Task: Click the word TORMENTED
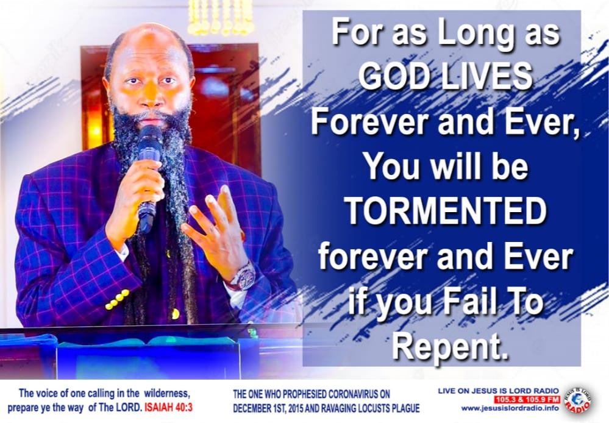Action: (446, 211)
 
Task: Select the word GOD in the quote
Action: (396, 76)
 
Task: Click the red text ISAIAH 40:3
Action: (168, 408)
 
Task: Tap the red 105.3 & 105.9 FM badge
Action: (527, 399)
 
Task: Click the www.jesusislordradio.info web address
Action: (510, 408)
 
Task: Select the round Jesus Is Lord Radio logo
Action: (577, 400)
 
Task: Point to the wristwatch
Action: (243, 277)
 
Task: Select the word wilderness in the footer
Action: (167, 394)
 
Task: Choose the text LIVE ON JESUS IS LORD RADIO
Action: (498, 391)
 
